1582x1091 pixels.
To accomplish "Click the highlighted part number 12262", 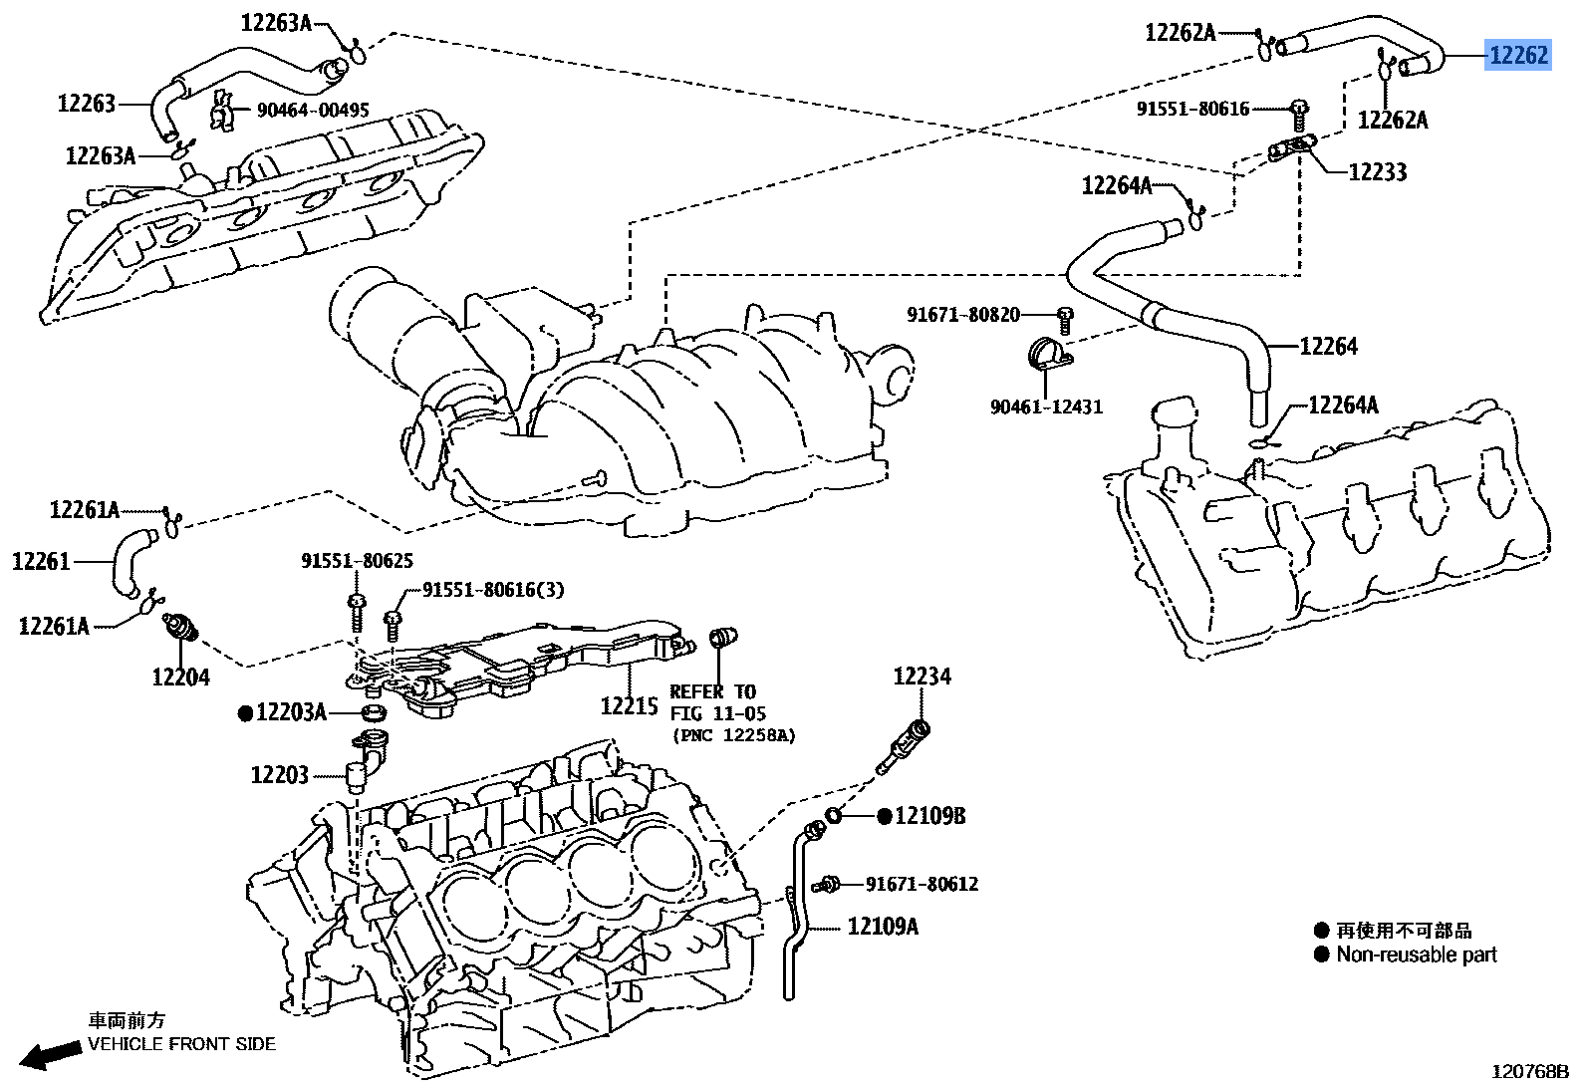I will [x=1518, y=55].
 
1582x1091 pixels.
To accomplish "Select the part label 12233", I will [x=1377, y=172].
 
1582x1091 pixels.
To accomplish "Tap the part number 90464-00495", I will [x=313, y=111].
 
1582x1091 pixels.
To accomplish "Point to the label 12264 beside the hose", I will [x=1328, y=347].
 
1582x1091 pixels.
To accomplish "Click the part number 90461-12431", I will [x=1046, y=407].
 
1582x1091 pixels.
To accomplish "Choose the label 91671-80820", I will [x=963, y=315].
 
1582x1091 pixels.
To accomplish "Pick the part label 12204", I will [x=180, y=678].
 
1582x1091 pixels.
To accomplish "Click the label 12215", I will [x=629, y=705].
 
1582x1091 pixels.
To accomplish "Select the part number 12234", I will [x=922, y=677].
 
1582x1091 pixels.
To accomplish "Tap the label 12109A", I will [x=883, y=927].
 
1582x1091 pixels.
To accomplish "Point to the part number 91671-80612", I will [x=922, y=884].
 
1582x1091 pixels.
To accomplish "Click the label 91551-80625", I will [x=357, y=562].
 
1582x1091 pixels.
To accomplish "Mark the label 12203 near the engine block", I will [x=280, y=775].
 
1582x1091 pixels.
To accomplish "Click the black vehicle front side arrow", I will [x=50, y=1055].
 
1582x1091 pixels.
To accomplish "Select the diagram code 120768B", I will [x=1530, y=1072].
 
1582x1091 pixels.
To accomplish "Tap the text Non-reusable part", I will [x=1417, y=955].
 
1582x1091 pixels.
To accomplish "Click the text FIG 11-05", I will [x=717, y=713].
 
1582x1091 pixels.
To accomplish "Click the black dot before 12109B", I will [x=884, y=816].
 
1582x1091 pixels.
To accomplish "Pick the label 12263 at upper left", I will [x=87, y=104].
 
